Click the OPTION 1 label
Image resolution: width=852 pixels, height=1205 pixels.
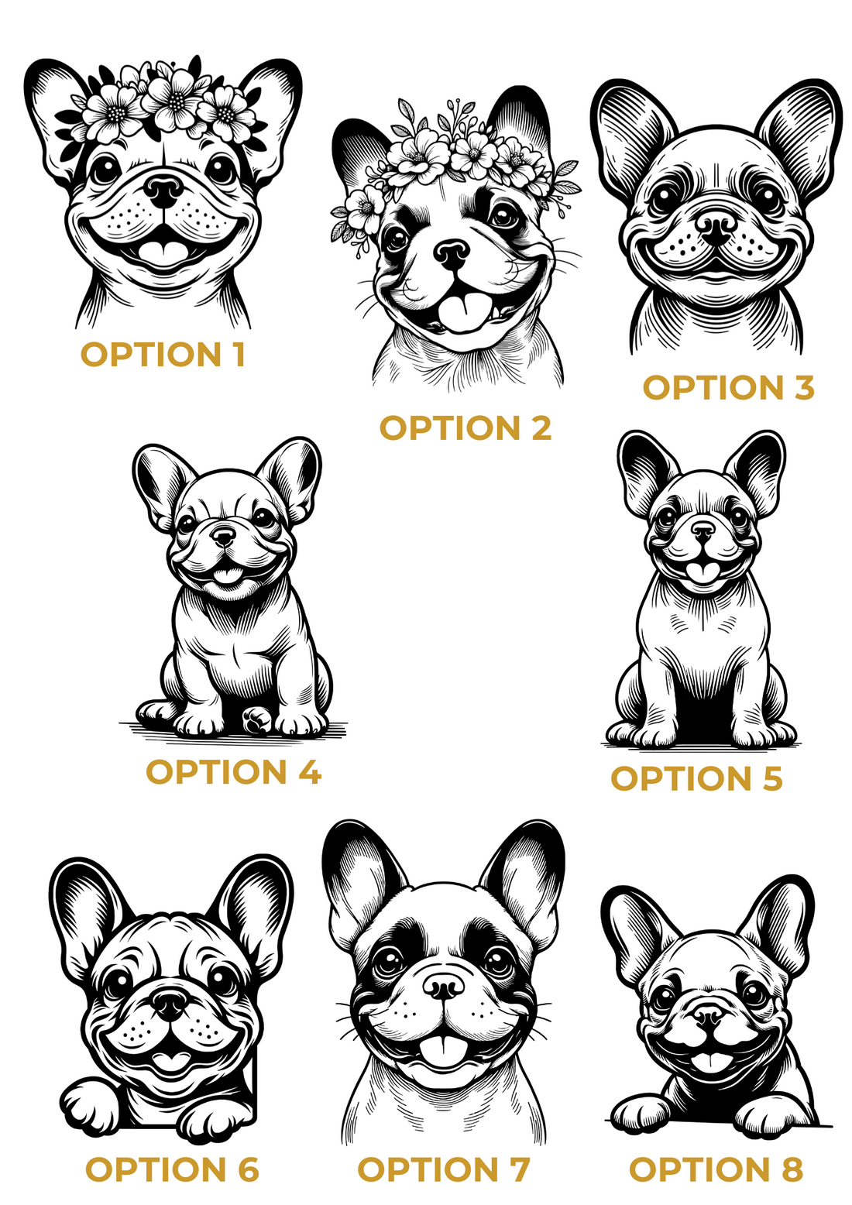(x=163, y=355)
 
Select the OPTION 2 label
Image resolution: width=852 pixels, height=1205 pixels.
(x=466, y=427)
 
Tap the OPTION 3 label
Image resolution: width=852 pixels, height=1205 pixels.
(x=728, y=387)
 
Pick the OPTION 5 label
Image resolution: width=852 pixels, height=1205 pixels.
(x=696, y=778)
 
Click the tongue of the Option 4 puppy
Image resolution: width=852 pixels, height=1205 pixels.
(x=226, y=575)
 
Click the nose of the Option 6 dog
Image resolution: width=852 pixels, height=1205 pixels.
(x=169, y=1004)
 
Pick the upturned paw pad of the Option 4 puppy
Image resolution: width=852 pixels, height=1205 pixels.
(x=257, y=719)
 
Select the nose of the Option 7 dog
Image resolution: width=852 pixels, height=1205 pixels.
(x=443, y=986)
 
